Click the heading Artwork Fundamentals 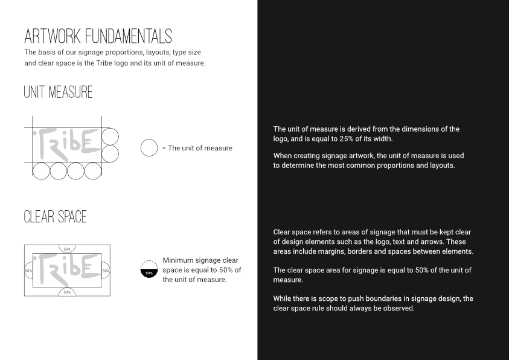[98, 36]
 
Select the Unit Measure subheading [58, 92]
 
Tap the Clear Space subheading [55, 217]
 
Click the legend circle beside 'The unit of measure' [149, 148]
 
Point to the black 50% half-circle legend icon [149, 273]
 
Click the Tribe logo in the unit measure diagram [66, 144]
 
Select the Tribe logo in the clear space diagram [66, 270]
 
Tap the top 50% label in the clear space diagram [67, 249]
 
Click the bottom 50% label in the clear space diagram [67, 292]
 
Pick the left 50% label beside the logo [28, 271]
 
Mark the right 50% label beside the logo [106, 271]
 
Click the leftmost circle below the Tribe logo [41, 171]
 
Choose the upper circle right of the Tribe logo [110, 137]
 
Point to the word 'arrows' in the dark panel [432, 242]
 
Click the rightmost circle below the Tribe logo [93, 171]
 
